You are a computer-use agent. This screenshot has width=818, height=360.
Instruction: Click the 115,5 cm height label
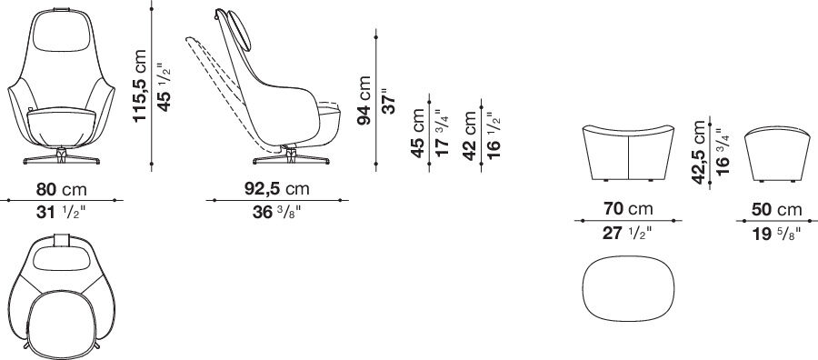(x=140, y=85)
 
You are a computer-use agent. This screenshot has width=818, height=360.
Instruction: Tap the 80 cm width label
(x=61, y=189)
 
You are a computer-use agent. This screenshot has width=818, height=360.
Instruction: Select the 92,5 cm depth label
(x=276, y=188)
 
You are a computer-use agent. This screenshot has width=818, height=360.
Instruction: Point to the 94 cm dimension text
(x=364, y=100)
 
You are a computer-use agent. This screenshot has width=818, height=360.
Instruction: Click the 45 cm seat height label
(x=418, y=133)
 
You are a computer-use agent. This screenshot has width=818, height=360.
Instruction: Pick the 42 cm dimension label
(x=470, y=135)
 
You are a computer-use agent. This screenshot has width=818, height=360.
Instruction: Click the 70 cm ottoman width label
(x=628, y=209)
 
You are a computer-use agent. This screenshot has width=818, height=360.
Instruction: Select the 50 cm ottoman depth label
(x=776, y=210)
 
